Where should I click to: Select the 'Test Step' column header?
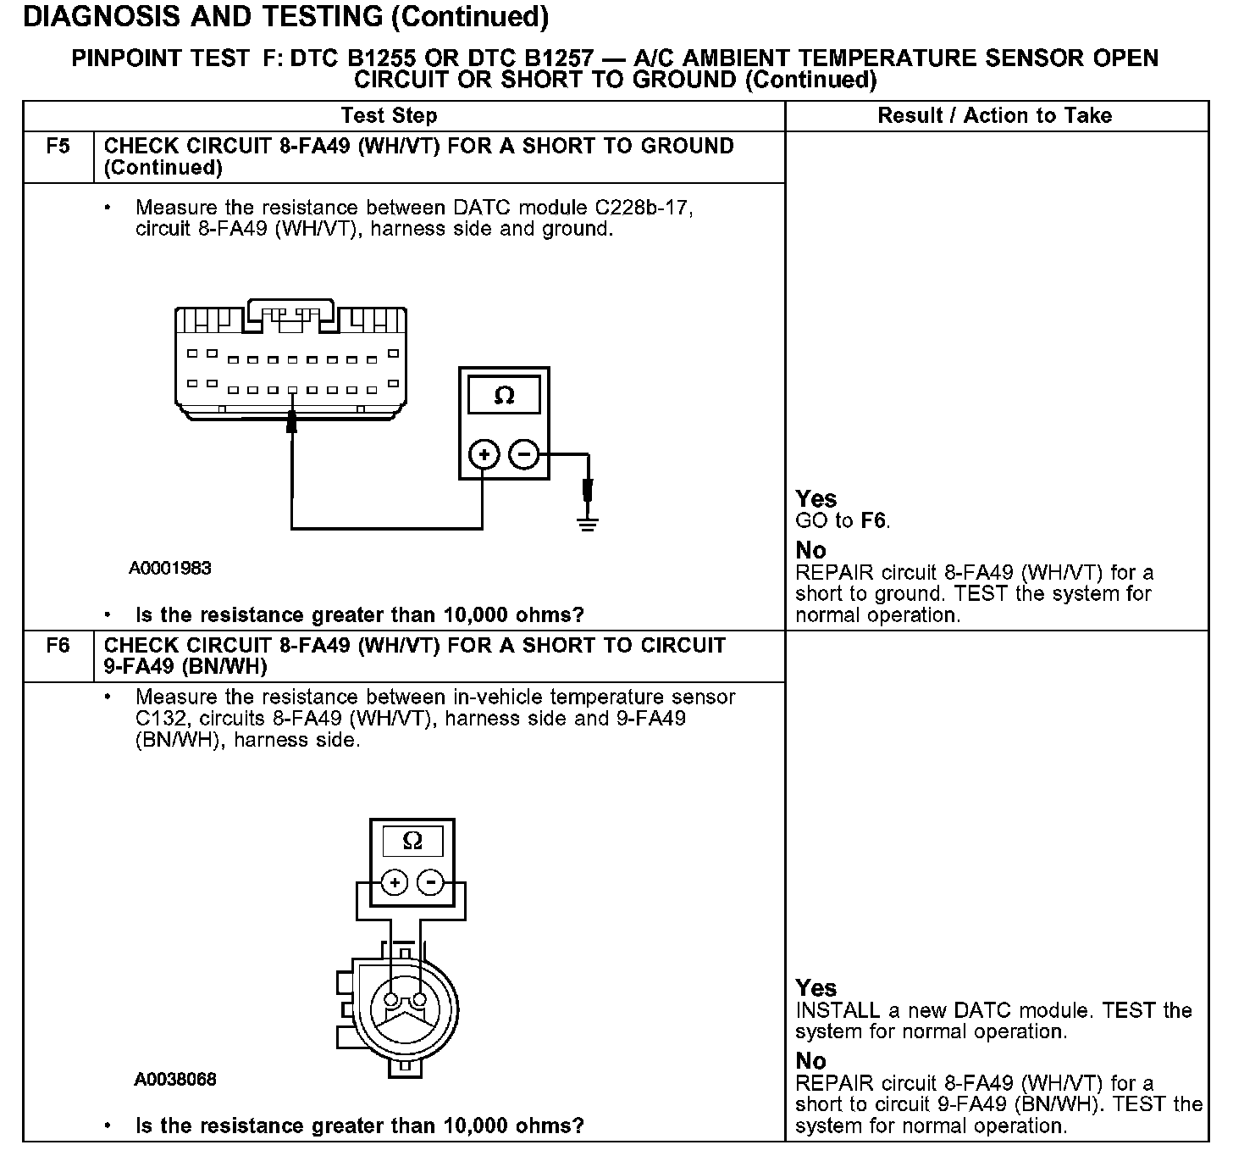click(x=389, y=116)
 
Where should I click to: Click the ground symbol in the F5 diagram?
click(x=588, y=521)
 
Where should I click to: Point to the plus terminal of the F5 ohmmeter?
click(x=484, y=455)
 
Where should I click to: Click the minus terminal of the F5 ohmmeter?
click(x=523, y=455)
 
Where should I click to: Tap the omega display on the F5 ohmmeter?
click(x=504, y=396)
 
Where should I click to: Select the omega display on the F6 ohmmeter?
click(x=412, y=841)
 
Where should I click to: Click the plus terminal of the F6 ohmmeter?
click(x=394, y=883)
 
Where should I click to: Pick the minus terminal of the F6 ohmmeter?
click(x=431, y=883)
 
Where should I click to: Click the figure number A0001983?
click(x=170, y=569)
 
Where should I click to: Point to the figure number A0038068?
click(x=175, y=1080)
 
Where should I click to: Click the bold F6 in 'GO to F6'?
click(x=873, y=520)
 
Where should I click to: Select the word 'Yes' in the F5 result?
click(x=816, y=499)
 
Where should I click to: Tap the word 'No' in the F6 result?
click(x=810, y=1061)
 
